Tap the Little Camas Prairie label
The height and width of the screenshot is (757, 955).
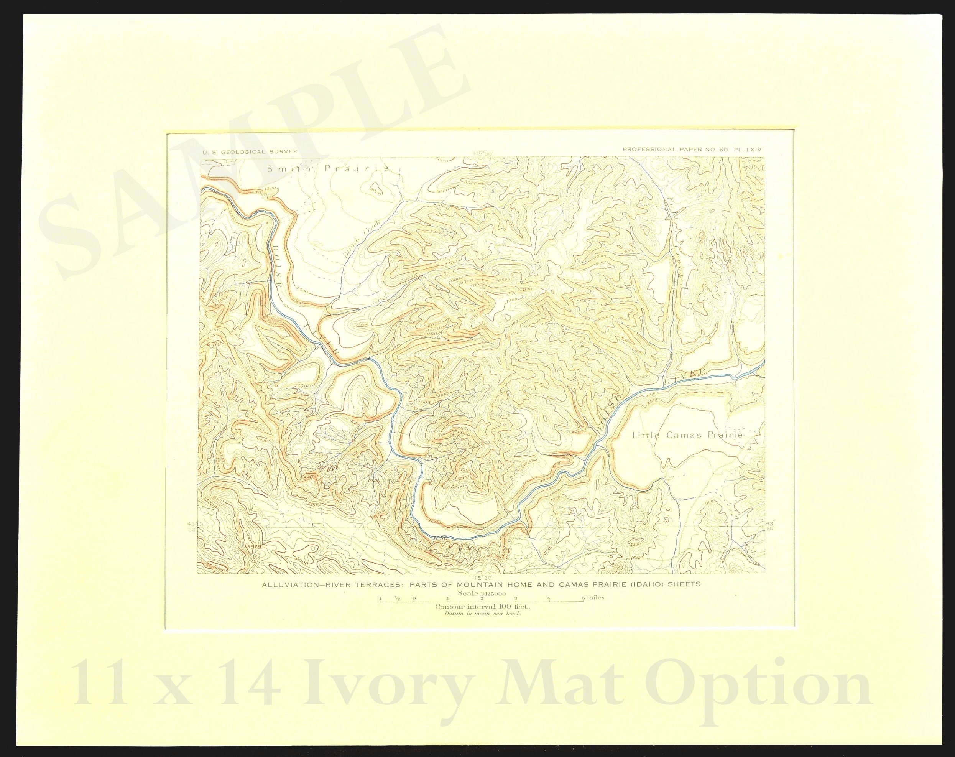[x=687, y=435]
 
